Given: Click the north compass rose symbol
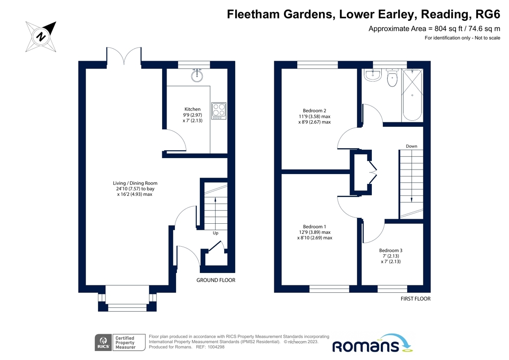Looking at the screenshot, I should pyautogui.click(x=41, y=36).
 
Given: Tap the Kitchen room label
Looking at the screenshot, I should pyautogui.click(x=192, y=109).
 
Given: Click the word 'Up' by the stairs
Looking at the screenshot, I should pyautogui.click(x=215, y=233).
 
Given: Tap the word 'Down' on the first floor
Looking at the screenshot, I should pyautogui.click(x=411, y=146).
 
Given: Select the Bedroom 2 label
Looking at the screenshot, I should pyautogui.click(x=314, y=110).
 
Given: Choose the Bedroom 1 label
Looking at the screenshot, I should pyautogui.click(x=314, y=227).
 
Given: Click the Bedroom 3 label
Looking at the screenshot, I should pyautogui.click(x=391, y=250).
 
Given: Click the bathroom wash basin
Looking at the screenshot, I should pyautogui.click(x=372, y=76).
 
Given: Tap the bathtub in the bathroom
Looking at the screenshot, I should pyautogui.click(x=412, y=95).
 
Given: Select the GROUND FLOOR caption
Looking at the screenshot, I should pyautogui.click(x=216, y=280).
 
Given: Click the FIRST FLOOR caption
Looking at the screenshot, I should pyautogui.click(x=415, y=299).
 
